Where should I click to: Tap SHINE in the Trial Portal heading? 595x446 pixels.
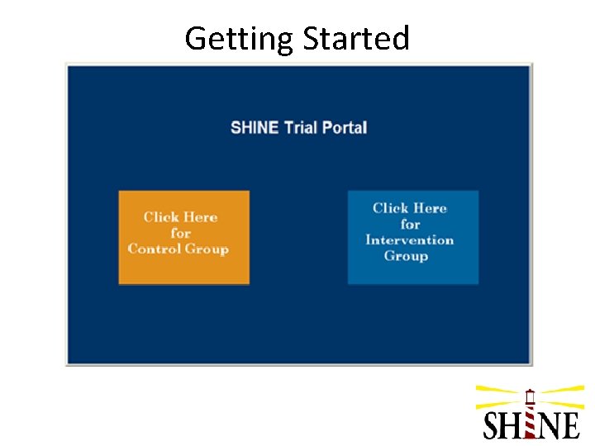[x=255, y=128]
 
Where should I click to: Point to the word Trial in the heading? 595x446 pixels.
[x=302, y=128]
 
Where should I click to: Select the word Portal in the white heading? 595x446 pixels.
[x=345, y=128]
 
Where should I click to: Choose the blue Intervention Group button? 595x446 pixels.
[x=412, y=237]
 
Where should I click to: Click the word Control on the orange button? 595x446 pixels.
[x=155, y=249]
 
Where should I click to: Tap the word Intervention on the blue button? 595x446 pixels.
[x=409, y=240]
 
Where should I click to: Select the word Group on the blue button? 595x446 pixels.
[x=406, y=256]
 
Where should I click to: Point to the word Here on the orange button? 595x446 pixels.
[x=201, y=217]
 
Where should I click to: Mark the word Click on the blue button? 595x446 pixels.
[x=391, y=208]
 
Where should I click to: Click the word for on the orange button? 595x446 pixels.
[x=180, y=233]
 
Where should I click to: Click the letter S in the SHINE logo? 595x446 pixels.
[x=493, y=425]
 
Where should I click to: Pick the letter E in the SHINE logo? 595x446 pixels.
[x=569, y=425]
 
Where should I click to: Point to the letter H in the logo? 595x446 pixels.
[x=512, y=425]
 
